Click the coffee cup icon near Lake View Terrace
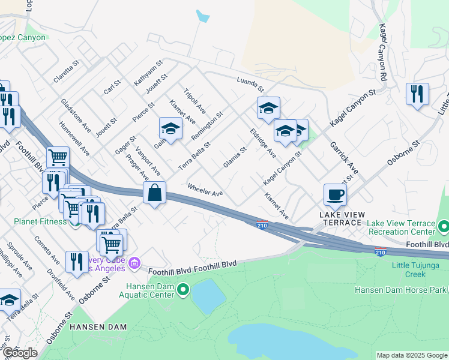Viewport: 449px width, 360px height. [335, 194]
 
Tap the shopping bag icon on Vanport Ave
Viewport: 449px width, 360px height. [154, 193]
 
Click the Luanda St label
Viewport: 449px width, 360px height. [250, 81]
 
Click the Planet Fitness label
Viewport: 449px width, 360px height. [41, 221]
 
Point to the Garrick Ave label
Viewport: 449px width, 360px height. [343, 158]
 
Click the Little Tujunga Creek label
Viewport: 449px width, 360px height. [408, 269]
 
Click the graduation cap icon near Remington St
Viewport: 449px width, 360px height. [170, 128]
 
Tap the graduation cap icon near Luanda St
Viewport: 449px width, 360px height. [268, 108]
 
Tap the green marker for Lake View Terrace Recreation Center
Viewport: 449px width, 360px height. [444, 227]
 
